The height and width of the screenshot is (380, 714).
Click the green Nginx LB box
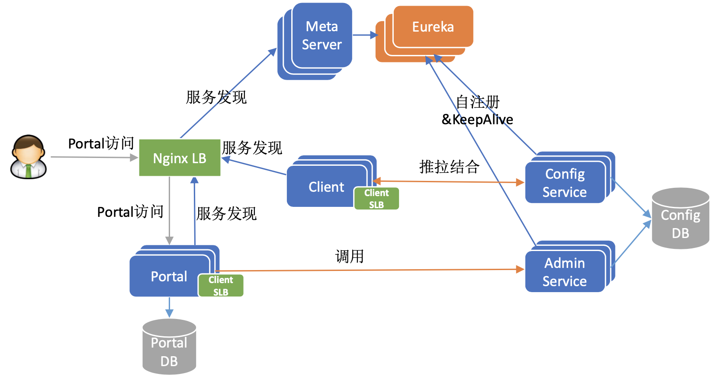pos(180,158)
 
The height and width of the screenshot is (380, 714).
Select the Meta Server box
pos(315,41)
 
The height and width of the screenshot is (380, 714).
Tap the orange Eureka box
pos(425,34)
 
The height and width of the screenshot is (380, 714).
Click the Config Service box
pos(570,177)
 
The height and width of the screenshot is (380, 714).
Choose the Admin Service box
pos(570,267)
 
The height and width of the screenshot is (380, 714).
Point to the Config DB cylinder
pos(681,219)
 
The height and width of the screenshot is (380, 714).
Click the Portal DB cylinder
pos(169,347)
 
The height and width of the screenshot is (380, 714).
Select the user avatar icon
pos(29,157)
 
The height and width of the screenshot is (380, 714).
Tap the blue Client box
pos(331,181)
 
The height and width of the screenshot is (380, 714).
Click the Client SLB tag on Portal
pos(221,286)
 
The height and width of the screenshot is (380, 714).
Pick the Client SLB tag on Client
pos(376,199)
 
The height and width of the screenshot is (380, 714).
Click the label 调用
pos(350,256)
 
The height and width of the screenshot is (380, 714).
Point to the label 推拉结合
pos(449,167)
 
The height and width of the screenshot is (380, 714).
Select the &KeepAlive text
pos(477,119)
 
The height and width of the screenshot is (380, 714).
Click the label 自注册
pos(477,102)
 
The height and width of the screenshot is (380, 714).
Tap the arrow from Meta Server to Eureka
pos(365,35)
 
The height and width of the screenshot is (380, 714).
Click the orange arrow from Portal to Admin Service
pos(370,270)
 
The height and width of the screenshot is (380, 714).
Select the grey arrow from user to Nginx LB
pos(94,157)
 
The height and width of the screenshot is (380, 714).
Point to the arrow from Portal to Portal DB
pos(169,307)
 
